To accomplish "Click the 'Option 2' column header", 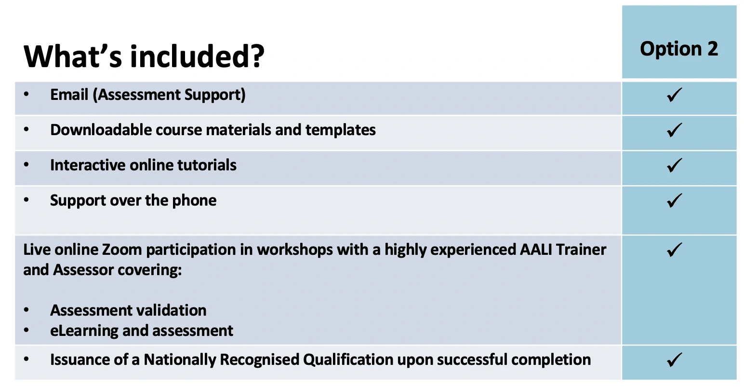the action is point(679,49).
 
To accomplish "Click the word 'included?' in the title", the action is point(197,56).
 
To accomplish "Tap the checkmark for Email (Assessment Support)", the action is point(674,95).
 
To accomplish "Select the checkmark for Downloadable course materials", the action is point(674,130).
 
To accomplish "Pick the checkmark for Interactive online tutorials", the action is point(674,165).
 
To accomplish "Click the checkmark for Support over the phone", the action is point(674,200).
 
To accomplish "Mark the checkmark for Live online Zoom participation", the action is point(674,250).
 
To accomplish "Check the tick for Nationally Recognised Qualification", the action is point(674,360).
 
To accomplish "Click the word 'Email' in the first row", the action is point(69,95).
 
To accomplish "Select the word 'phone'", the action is point(194,201).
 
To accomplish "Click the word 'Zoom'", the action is point(122,250).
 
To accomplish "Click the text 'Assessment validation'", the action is point(128,310).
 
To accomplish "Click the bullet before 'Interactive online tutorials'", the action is point(26,165).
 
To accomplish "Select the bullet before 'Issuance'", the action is point(26,359).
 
